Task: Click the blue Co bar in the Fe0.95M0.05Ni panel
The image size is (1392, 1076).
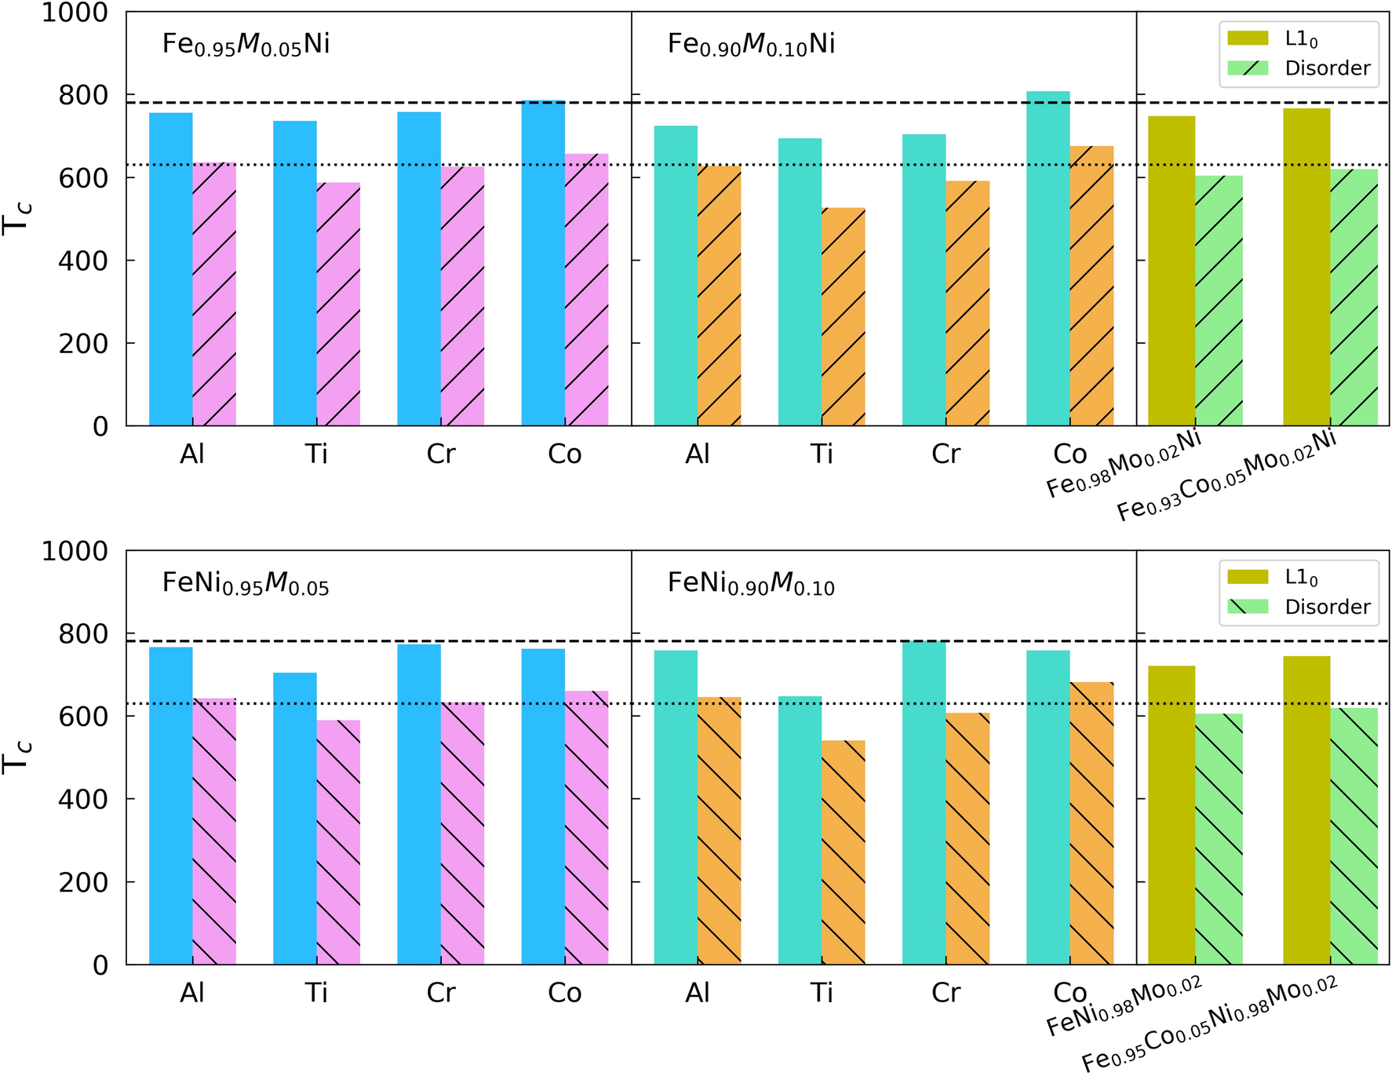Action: pyautogui.click(x=543, y=263)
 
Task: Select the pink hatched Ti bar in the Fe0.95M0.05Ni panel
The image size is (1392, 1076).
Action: pyautogui.click(x=338, y=305)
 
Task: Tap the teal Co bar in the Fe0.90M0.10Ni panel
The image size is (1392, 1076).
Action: pyautogui.click(x=1048, y=259)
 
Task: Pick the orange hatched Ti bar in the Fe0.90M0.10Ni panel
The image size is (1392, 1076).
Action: pyautogui.click(x=844, y=317)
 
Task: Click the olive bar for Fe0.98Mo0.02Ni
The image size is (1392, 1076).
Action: pyautogui.click(x=1172, y=271)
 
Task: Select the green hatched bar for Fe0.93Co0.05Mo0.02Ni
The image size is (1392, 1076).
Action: pyautogui.click(x=1354, y=297)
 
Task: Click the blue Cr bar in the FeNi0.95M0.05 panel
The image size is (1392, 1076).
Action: pyautogui.click(x=419, y=804)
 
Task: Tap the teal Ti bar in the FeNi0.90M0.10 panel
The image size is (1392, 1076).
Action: pyautogui.click(x=800, y=830)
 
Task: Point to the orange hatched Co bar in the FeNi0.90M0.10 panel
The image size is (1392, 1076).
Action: pyautogui.click(x=1091, y=823)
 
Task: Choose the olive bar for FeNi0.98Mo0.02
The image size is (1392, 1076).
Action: pyautogui.click(x=1172, y=815)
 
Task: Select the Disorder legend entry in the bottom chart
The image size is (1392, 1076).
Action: pyautogui.click(x=1299, y=607)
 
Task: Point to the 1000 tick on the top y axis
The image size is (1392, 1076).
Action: pyautogui.click(x=74, y=13)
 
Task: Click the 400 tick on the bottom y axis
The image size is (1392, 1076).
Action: pyautogui.click(x=83, y=799)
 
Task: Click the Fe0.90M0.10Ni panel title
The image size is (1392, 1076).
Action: pyautogui.click(x=751, y=45)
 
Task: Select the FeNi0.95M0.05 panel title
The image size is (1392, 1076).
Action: pyautogui.click(x=246, y=584)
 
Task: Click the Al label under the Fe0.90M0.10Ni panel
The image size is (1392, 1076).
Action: pyautogui.click(x=697, y=454)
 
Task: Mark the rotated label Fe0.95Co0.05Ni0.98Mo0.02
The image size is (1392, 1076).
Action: pyautogui.click(x=1210, y=1025)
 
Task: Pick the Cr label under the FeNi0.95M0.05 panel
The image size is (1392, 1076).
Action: pyautogui.click(x=440, y=993)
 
